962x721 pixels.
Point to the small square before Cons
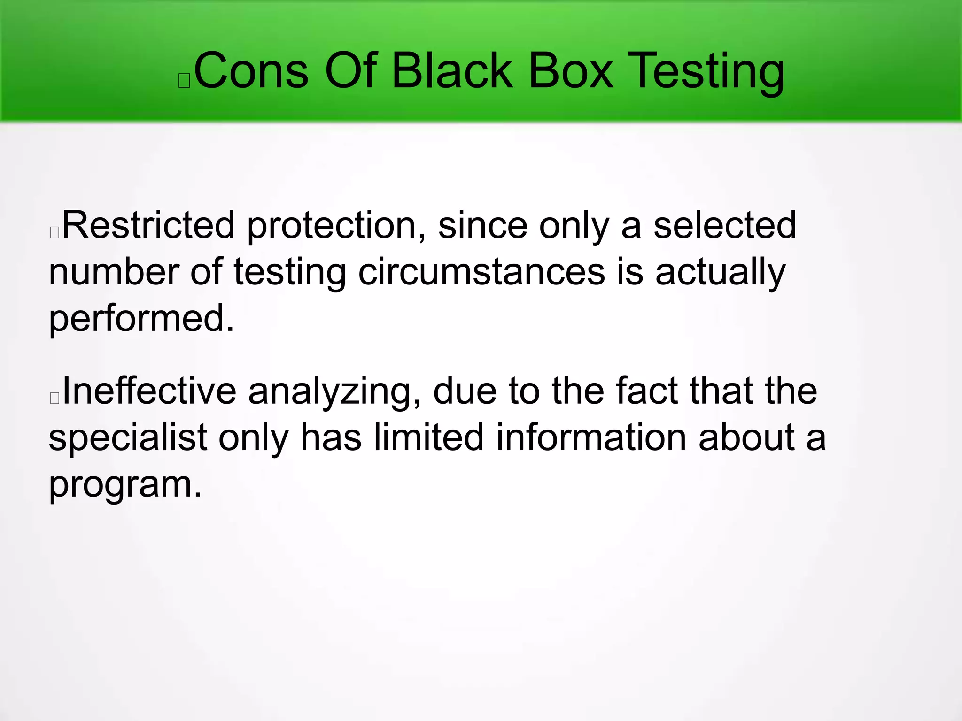point(184,81)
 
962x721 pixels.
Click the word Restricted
point(148,225)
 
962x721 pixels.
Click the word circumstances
point(481,272)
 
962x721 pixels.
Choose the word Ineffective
point(149,391)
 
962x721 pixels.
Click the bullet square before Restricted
point(54,232)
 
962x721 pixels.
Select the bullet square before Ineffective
point(54,398)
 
